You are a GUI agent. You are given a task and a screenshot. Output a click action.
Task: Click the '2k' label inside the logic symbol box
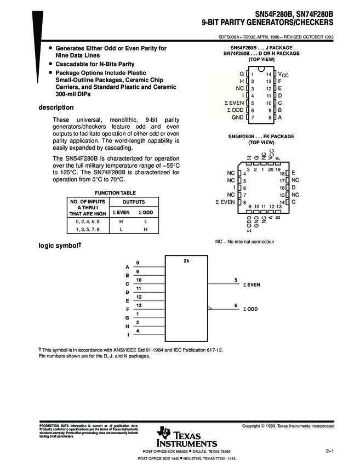(x=186, y=261)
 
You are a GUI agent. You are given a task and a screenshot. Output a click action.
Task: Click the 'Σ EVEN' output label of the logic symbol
(x=252, y=285)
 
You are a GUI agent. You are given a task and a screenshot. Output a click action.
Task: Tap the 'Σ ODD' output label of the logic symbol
(x=250, y=310)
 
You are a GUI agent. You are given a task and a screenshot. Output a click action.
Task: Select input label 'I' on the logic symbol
(x=128, y=335)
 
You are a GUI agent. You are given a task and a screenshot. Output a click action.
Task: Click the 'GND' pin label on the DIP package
(x=237, y=117)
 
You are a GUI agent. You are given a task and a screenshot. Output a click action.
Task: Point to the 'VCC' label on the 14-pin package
(x=283, y=74)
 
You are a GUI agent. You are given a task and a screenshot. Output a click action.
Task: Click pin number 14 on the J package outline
(x=268, y=73)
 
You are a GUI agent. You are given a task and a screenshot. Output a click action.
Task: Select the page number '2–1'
(x=329, y=451)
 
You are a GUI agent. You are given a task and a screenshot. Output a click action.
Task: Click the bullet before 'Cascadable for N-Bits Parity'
(x=50, y=64)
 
